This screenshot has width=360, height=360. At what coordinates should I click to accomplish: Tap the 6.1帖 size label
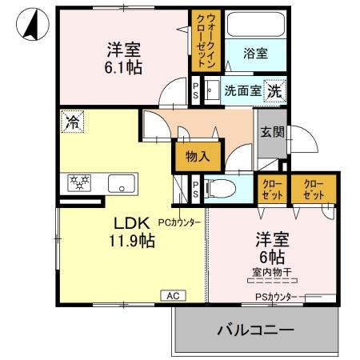[123, 68]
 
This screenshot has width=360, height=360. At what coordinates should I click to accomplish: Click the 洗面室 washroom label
[242, 90]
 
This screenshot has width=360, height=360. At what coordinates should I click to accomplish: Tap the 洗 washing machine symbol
[274, 90]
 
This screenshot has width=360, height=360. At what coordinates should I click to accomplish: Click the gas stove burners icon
[81, 181]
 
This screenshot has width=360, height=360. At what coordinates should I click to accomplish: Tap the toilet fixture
[223, 190]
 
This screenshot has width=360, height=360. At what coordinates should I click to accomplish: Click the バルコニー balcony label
[254, 330]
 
